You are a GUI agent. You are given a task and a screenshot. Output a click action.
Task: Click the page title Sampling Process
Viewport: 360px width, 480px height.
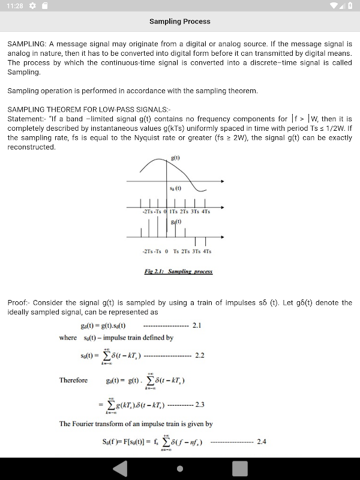click(180, 22)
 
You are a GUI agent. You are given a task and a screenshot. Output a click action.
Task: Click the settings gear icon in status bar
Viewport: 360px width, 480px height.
click(32, 5)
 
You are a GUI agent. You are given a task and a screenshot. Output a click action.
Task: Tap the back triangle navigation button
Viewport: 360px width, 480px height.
click(120, 468)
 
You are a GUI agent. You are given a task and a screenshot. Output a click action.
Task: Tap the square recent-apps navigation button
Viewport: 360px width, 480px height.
click(240, 468)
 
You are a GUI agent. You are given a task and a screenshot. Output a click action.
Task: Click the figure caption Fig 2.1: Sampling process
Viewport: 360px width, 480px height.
click(178, 271)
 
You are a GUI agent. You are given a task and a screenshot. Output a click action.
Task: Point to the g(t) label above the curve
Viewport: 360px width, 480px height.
click(175, 158)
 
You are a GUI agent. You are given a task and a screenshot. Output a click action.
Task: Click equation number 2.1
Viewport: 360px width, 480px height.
click(197, 325)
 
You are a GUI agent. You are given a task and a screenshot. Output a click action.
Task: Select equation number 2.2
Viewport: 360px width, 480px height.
click(200, 355)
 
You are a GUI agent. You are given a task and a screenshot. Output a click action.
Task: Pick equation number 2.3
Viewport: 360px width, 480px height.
click(200, 404)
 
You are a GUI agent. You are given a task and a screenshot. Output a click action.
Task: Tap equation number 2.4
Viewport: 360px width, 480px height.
click(261, 442)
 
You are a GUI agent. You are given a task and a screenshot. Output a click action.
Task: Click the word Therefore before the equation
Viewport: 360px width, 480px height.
click(73, 380)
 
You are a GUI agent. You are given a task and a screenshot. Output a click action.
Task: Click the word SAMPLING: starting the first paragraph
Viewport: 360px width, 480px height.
click(26, 44)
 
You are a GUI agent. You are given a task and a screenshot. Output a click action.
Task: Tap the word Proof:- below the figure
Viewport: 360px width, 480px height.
click(20, 303)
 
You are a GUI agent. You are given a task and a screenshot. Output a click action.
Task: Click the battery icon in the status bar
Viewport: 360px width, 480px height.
click(350, 5)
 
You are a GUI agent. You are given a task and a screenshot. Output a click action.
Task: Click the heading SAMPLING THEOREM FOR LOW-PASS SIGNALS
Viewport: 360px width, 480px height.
click(89, 110)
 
